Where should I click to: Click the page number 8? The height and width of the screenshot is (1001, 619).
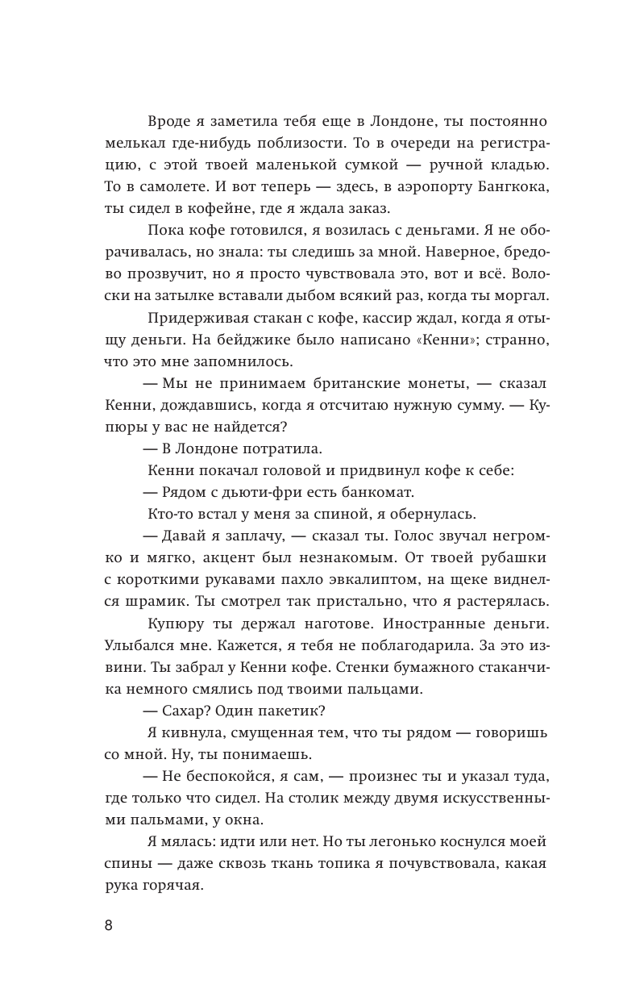pos(109,924)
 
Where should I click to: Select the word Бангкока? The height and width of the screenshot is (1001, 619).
pos(509,188)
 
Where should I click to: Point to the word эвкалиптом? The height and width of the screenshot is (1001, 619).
pos(378,580)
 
